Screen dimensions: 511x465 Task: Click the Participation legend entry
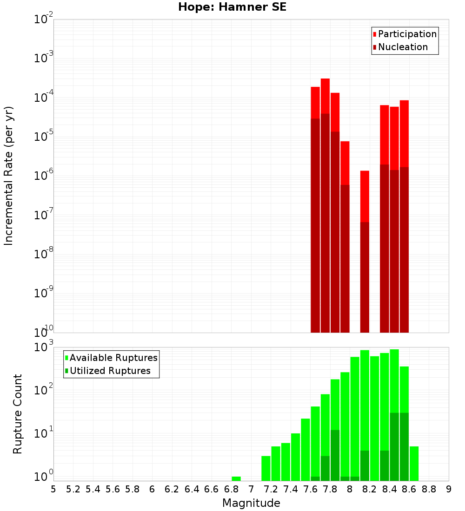click(x=407, y=34)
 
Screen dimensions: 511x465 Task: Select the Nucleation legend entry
click(x=403, y=47)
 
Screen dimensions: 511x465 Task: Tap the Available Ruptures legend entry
click(x=113, y=358)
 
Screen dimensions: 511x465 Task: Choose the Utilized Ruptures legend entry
click(x=110, y=371)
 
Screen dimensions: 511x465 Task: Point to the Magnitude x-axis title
click(x=251, y=503)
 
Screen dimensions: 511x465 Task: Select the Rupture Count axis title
click(x=18, y=413)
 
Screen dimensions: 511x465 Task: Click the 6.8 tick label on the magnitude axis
click(x=231, y=489)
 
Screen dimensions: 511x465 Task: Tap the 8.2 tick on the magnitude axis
click(x=370, y=489)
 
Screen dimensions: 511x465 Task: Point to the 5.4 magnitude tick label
click(x=93, y=489)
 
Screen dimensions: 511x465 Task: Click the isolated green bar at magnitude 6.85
click(x=236, y=478)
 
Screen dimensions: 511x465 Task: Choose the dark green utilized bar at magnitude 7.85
click(x=335, y=455)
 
